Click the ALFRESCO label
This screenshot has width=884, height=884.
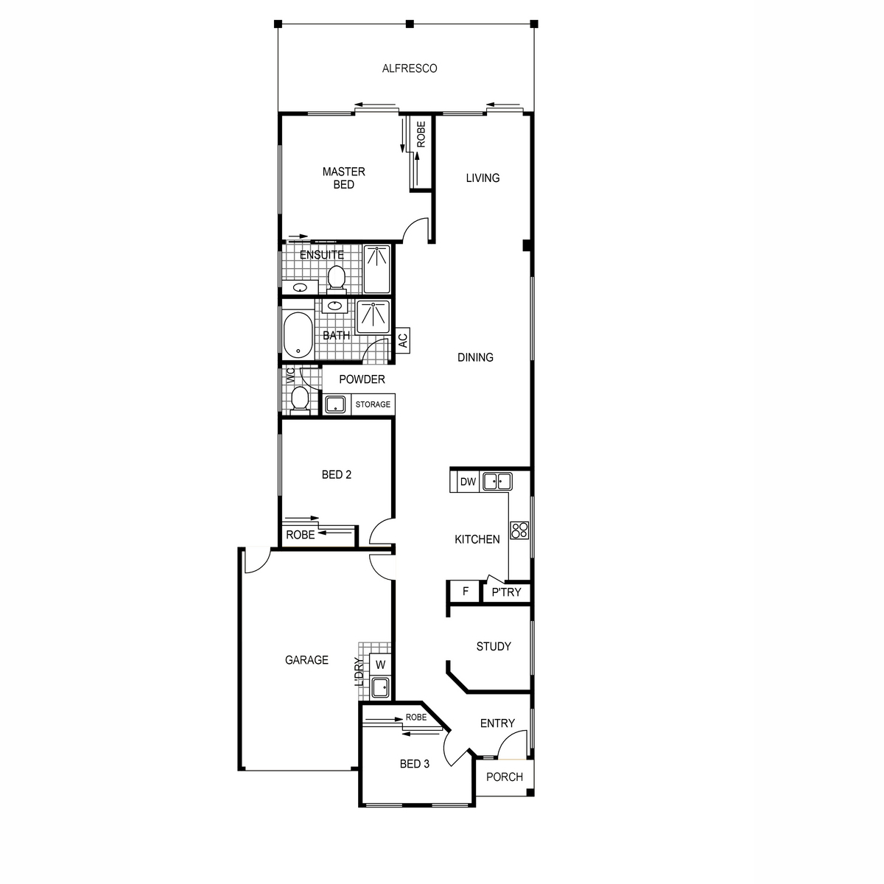coord(409,69)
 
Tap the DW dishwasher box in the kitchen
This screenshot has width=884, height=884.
coord(468,482)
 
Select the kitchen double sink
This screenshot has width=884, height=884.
coord(497,482)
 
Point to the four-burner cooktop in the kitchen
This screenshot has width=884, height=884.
coord(520,530)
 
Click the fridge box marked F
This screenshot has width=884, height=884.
coord(465,592)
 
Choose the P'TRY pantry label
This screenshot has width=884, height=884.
coord(506,592)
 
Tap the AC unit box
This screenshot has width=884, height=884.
coord(402,340)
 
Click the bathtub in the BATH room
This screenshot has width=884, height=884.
coord(298,336)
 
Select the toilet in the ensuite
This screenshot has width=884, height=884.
coord(336,279)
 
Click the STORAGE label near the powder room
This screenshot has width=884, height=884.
coord(373,404)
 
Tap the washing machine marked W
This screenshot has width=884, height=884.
coord(380,664)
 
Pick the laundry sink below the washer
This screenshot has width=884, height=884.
coord(380,687)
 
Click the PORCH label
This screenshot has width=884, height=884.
coord(504,776)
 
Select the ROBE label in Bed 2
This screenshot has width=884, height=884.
coord(300,535)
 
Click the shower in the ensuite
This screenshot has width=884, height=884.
coord(376,270)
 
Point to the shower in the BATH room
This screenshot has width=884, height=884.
coord(373,317)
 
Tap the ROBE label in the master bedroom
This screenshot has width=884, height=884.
coord(421,134)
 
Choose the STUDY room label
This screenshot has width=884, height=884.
coord(494,646)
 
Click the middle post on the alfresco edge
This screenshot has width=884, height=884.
coord(410,24)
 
